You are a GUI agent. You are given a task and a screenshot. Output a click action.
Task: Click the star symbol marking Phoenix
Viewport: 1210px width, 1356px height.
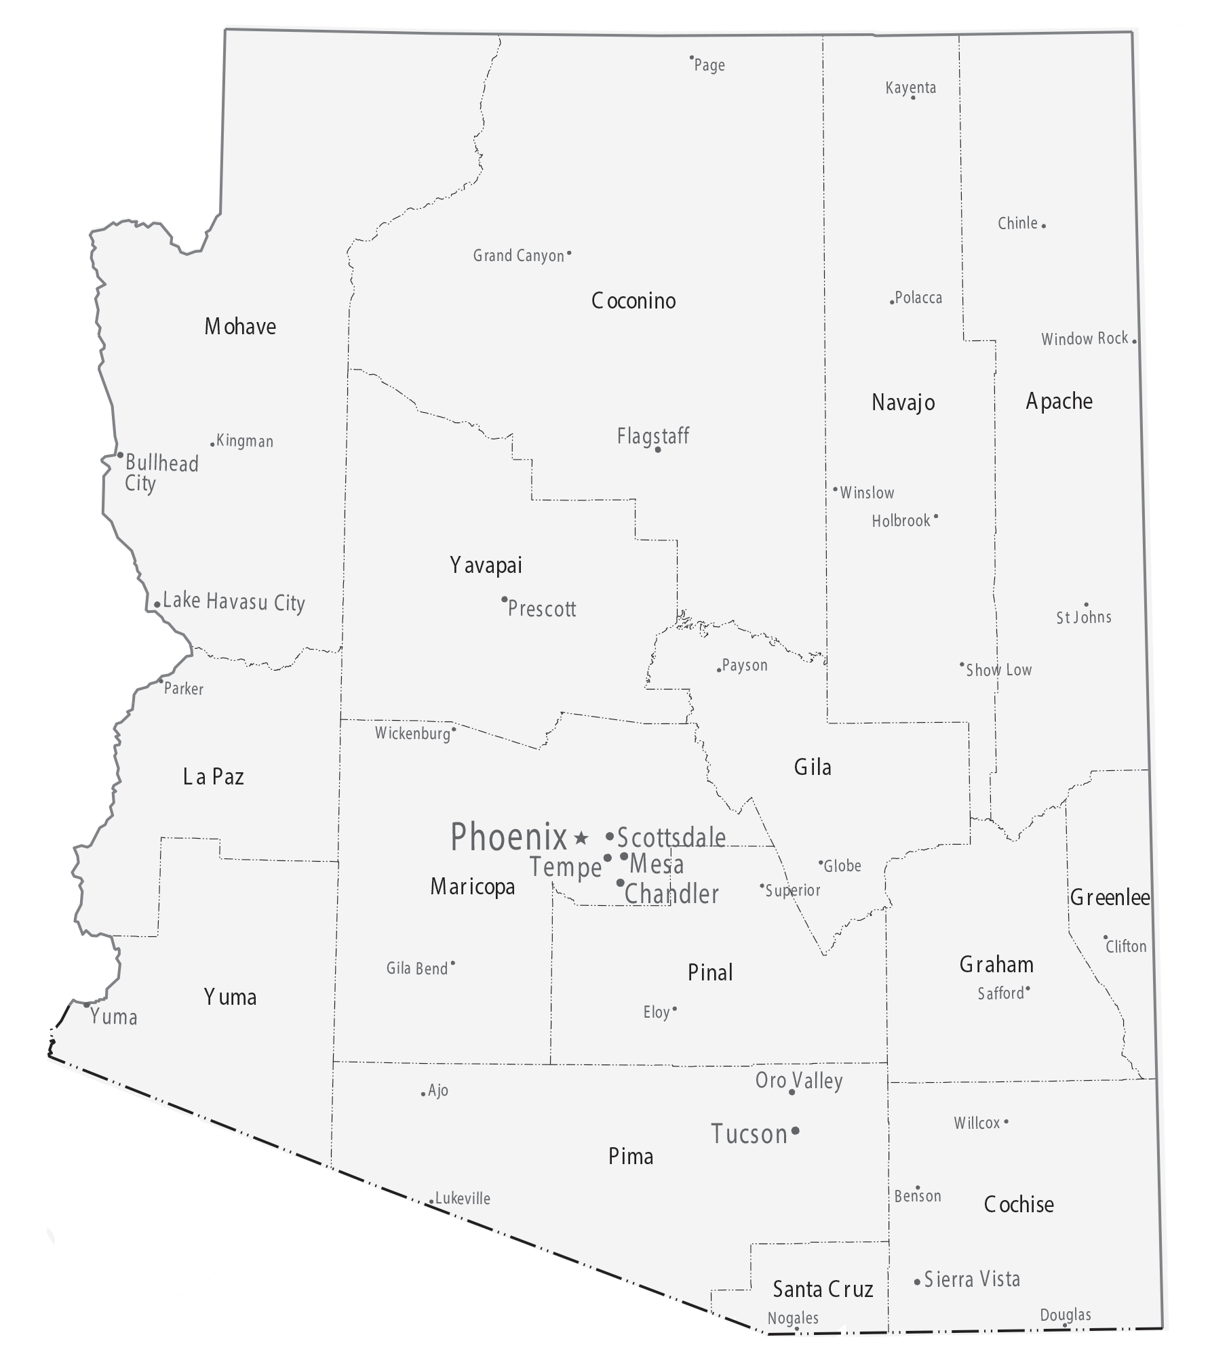581,838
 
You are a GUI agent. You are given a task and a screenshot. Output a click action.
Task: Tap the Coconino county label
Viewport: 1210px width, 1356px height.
633,300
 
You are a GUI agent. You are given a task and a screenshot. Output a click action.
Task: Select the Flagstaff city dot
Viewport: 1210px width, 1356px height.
657,450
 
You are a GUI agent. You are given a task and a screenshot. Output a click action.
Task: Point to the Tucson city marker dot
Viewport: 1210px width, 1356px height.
796,1130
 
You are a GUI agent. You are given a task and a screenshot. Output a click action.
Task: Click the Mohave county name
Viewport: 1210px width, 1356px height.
240,327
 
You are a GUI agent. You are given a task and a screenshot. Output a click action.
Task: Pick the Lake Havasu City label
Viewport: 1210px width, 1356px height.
234,601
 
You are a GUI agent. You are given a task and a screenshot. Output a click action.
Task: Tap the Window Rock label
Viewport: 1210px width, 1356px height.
1084,338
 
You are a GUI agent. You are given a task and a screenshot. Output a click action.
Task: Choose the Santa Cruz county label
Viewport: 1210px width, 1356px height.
823,1289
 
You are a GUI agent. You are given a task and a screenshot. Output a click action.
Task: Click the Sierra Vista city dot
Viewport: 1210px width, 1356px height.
917,1281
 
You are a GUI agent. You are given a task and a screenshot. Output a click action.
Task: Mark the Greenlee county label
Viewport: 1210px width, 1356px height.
1110,898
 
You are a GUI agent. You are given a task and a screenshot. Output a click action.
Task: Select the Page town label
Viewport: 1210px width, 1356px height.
709,65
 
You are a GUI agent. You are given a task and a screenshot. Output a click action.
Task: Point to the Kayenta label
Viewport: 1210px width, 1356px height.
910,87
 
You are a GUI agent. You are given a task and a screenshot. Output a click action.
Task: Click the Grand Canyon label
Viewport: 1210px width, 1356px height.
518,256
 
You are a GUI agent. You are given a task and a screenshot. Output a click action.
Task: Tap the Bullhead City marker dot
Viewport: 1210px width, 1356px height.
120,455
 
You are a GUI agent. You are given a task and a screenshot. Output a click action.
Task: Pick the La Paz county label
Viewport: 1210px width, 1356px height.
213,776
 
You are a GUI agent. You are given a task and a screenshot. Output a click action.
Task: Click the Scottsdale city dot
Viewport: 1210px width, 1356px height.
610,836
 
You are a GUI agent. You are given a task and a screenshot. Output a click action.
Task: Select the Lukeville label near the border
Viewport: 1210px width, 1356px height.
463,1198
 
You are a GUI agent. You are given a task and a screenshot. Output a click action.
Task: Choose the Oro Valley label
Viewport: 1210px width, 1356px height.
799,1081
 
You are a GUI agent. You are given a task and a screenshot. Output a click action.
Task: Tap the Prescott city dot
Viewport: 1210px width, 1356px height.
504,599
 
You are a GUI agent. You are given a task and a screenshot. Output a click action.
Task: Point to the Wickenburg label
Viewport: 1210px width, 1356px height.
412,733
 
